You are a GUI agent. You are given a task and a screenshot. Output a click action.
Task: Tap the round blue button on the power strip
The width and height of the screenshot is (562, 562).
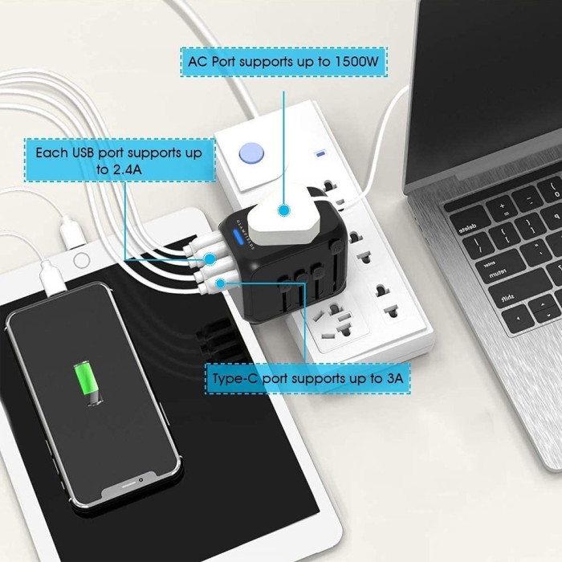(251, 154)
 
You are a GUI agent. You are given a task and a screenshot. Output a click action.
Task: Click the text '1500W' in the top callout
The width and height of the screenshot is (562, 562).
(356, 62)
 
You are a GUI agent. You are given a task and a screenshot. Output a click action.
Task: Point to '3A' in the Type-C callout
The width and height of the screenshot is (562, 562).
(395, 378)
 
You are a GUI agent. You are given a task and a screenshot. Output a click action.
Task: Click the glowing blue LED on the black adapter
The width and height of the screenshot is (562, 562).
(238, 237)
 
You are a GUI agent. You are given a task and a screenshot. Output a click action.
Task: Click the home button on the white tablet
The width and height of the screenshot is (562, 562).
(82, 261)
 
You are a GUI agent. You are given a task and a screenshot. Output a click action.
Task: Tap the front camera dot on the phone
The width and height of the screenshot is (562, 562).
(140, 480)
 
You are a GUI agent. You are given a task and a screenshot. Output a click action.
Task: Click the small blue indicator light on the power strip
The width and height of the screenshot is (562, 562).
(320, 154)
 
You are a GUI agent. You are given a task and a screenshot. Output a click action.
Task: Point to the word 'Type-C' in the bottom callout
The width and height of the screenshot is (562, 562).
(235, 378)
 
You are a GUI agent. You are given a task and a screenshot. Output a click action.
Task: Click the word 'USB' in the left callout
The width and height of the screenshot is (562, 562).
(83, 153)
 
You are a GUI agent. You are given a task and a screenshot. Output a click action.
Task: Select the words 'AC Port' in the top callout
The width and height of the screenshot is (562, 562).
(211, 62)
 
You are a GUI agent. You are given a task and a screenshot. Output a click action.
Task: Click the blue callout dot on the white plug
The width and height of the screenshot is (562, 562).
(284, 210)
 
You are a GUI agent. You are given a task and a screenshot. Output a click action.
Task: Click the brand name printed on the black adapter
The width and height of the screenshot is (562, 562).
(246, 234)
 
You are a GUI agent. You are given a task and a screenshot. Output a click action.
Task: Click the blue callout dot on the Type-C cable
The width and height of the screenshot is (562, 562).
(221, 283)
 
